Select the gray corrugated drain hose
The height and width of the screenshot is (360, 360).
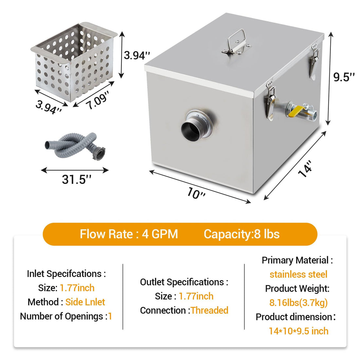coord(75,146)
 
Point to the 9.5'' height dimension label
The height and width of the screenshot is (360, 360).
coord(344,77)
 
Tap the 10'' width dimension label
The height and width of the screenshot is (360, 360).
coord(196,193)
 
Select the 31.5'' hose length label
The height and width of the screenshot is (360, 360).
coord(77,179)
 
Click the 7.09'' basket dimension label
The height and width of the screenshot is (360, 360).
coord(97,100)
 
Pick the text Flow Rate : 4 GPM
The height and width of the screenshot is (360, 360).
coord(129,234)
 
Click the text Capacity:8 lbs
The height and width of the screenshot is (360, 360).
coord(242,234)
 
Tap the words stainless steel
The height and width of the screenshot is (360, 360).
coord(298,274)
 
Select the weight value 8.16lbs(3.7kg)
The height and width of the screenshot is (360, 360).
coord(298,303)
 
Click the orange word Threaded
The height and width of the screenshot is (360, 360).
coord(209,310)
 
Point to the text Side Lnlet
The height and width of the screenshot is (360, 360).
coord(85,302)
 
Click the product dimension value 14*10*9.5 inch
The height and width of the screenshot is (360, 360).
coord(298,331)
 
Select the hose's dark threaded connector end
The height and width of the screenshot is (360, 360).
coord(100,153)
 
